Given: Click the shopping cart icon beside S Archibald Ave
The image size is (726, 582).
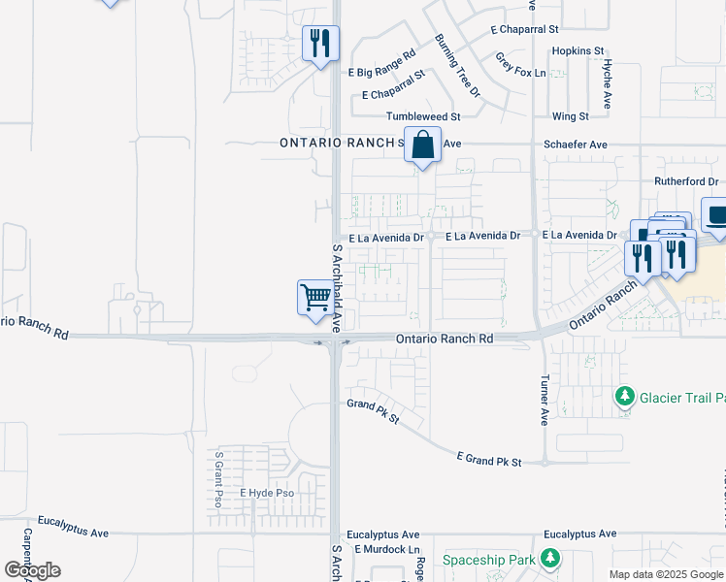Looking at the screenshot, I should click(315, 297).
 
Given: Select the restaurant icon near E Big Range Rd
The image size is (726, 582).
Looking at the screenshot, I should click(320, 44).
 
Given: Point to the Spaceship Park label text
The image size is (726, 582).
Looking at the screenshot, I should click(490, 560).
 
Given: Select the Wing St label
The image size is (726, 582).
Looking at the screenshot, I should click(570, 116).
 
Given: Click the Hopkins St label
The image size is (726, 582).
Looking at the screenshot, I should click(577, 50).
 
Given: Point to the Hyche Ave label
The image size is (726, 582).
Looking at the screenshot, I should click(606, 83).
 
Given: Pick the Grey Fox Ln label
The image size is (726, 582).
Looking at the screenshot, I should click(521, 65).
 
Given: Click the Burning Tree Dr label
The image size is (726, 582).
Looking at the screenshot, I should click(457, 65).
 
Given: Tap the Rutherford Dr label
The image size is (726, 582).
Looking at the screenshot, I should click(685, 181).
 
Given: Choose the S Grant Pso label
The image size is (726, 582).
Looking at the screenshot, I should click(219, 479).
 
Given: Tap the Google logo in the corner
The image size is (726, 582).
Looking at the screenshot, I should click(31, 569).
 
